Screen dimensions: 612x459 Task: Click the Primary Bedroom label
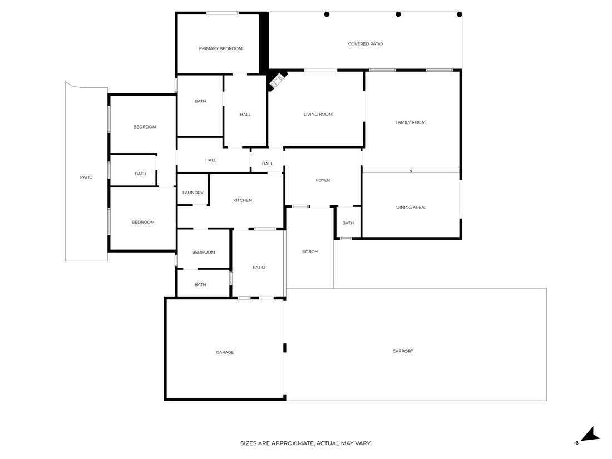click(x=220, y=48)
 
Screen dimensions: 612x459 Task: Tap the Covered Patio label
click(x=366, y=44)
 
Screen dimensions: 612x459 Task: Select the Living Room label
click(x=318, y=115)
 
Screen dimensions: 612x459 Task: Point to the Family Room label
click(x=410, y=122)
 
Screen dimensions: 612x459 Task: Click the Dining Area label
click(x=410, y=208)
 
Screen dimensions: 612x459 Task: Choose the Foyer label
click(x=323, y=180)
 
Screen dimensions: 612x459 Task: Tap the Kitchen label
click(x=243, y=200)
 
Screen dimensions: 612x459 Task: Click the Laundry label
click(x=193, y=193)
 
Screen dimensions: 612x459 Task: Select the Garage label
click(x=225, y=352)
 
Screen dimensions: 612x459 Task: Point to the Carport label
click(x=403, y=351)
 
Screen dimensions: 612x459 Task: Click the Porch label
click(x=310, y=251)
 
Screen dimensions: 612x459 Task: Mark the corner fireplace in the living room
click(x=277, y=81)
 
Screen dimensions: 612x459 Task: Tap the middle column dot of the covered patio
click(x=398, y=14)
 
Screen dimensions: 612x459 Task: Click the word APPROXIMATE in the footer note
click(x=292, y=443)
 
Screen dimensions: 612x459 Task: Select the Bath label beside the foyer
click(x=348, y=223)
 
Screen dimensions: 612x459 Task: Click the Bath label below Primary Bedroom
click(x=200, y=101)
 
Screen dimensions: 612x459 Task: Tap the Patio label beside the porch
click(x=259, y=268)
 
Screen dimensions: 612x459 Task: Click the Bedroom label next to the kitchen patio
click(x=203, y=252)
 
